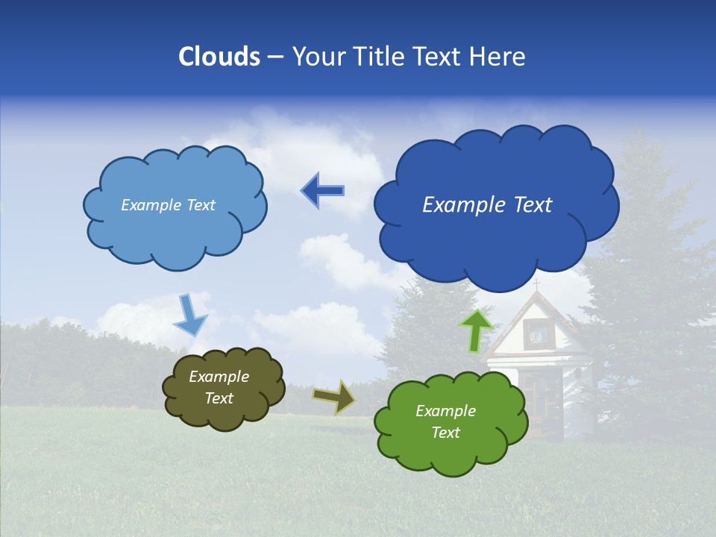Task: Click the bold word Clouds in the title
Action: pos(219,57)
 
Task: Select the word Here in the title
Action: pos(498,57)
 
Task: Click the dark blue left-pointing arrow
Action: pos(322,191)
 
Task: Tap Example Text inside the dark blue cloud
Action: pos(487,204)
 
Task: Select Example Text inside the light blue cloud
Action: pos(168,205)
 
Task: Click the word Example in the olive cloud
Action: pos(219,377)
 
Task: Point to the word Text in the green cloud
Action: pos(445,433)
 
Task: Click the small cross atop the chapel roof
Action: pos(536,284)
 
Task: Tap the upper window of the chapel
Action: pos(536,333)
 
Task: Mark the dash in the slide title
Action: pos(275,57)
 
